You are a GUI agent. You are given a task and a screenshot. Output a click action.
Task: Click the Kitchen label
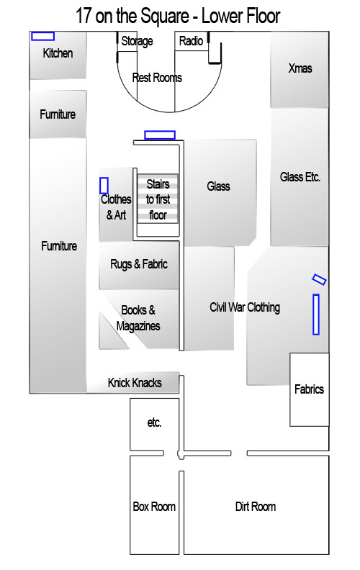point(58,53)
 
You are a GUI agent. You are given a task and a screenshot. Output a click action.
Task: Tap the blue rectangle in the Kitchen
point(43,36)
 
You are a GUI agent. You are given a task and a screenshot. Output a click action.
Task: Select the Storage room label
point(137,41)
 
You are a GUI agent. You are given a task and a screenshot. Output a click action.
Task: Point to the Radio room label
point(191,41)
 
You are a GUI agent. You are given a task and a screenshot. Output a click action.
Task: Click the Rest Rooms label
point(157,78)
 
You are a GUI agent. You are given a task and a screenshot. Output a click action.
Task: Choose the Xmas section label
point(300,68)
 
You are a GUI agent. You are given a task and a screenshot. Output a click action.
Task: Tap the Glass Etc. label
point(300,177)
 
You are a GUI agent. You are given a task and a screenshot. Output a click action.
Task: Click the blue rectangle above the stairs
point(160,135)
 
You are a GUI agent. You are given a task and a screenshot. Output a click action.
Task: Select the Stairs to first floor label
point(158,199)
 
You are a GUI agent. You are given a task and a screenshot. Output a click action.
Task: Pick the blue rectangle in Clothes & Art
point(104,186)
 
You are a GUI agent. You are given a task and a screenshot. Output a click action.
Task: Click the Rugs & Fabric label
point(139,264)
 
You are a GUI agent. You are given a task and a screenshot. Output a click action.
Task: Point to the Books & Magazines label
point(138,318)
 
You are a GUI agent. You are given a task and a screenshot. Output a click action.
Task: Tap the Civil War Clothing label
point(245,307)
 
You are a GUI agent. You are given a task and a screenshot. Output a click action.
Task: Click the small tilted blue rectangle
point(319,279)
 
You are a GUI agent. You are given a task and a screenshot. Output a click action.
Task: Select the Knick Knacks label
point(135,382)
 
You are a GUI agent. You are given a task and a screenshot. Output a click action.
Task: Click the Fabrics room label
point(309,389)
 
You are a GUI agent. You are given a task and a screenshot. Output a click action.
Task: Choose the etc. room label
point(154,422)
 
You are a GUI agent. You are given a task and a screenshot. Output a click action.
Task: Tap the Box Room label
point(154,507)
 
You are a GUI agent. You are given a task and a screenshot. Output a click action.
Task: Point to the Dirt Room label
point(256,507)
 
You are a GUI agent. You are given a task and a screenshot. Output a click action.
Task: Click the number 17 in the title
point(84,16)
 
